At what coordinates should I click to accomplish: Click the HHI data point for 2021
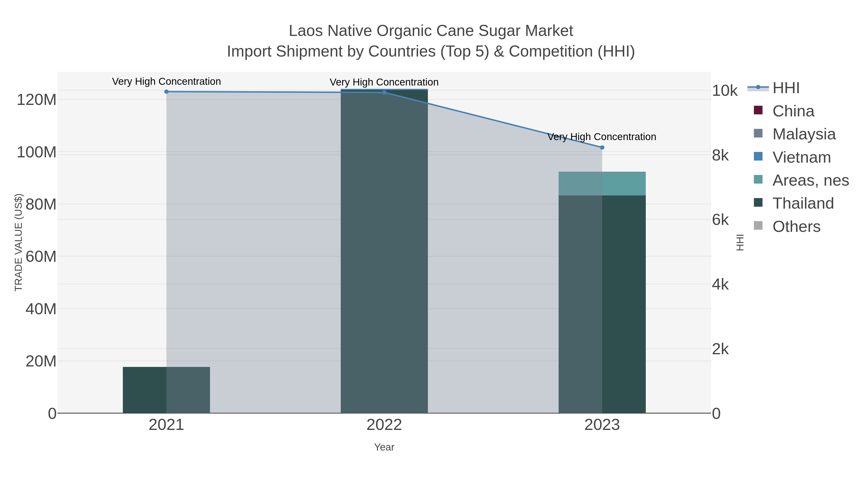[166, 92]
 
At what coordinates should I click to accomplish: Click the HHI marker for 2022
[384, 92]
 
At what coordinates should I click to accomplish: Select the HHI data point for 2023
[602, 148]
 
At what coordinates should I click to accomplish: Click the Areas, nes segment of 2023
[602, 184]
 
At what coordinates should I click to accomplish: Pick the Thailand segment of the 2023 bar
[602, 305]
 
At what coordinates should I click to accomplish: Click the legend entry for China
[793, 111]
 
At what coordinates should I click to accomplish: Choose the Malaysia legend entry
[804, 134]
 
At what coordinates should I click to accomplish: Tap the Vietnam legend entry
[801, 157]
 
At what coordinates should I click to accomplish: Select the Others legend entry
[796, 227]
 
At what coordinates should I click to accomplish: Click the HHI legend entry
[786, 88]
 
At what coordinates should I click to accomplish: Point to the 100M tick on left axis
[36, 153]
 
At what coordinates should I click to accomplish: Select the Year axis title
[384, 447]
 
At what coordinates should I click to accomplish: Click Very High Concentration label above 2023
[602, 137]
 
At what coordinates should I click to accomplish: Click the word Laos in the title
[306, 31]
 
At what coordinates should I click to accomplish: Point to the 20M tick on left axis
[41, 361]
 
